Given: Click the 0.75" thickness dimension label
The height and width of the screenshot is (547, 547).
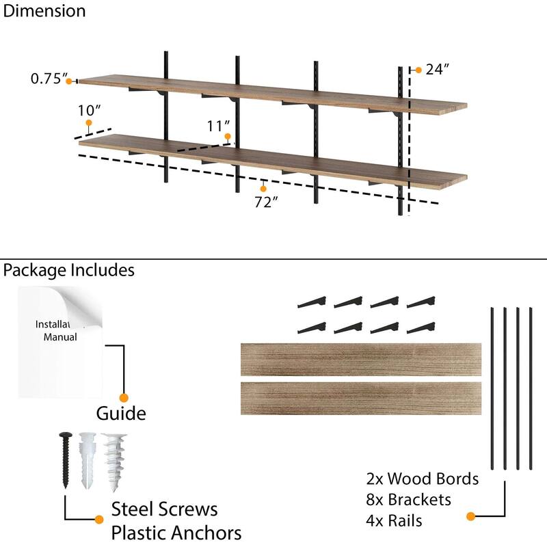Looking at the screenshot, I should click(x=46, y=79).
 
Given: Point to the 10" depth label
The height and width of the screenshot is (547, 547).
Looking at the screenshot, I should click(x=89, y=109).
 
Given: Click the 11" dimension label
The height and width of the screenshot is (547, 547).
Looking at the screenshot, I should click(x=218, y=126).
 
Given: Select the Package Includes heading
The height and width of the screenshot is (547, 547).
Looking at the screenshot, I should click(x=68, y=270).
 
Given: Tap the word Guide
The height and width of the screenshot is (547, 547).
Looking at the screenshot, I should click(x=121, y=414).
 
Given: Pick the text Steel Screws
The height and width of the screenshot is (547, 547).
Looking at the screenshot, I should click(x=164, y=509).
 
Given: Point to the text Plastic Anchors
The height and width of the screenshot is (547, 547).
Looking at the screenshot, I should click(x=176, y=533).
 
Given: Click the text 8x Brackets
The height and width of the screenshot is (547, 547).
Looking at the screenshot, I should click(x=409, y=500).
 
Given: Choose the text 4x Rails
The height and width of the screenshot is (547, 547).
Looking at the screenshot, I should click(x=394, y=521).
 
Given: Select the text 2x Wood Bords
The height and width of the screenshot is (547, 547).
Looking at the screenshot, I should click(x=423, y=479).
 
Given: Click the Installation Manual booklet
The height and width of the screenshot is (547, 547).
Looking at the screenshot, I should click(x=60, y=342).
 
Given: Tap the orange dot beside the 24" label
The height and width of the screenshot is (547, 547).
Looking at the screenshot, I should click(x=418, y=70).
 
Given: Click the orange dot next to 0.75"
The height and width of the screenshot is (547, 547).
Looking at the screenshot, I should click(x=69, y=81).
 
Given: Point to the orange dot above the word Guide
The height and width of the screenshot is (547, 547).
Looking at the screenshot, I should click(x=124, y=397).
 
